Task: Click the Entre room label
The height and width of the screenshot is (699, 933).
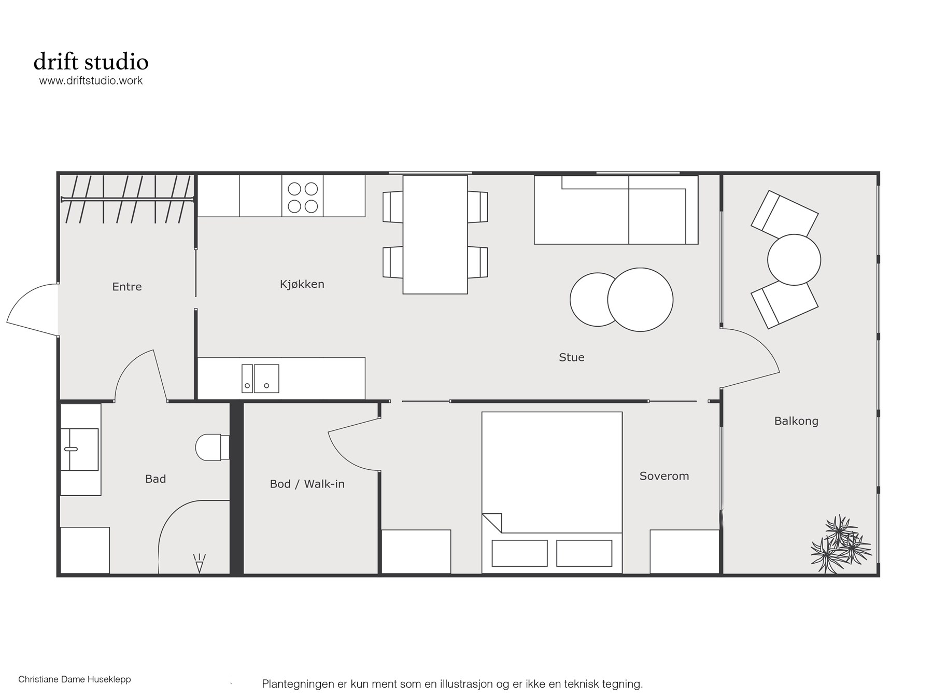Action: tap(127, 287)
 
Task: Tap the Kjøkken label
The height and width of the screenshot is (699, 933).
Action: tap(302, 284)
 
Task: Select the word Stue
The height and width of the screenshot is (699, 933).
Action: tap(572, 357)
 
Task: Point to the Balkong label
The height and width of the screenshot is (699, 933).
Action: tap(796, 421)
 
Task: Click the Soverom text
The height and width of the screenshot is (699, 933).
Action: tap(664, 476)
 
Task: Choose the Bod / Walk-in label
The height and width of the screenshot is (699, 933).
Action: tap(307, 484)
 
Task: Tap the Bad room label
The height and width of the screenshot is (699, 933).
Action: tap(155, 479)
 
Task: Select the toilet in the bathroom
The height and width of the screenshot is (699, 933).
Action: tap(213, 447)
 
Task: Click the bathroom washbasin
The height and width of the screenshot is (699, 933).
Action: tap(79, 449)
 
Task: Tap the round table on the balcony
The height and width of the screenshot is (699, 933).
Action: tap(794, 260)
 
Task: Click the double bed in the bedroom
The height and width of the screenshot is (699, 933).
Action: tap(552, 493)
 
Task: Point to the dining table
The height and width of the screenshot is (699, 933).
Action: tap(435, 234)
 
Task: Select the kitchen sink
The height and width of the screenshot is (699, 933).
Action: tap(260, 379)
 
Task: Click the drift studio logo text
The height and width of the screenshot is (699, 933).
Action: tap(91, 62)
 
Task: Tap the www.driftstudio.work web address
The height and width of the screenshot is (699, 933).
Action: tap(91, 80)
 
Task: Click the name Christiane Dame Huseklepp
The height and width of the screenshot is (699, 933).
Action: tap(75, 679)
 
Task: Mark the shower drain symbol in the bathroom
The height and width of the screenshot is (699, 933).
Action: tap(199, 564)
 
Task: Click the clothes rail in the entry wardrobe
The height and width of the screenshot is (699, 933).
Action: tap(128, 199)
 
